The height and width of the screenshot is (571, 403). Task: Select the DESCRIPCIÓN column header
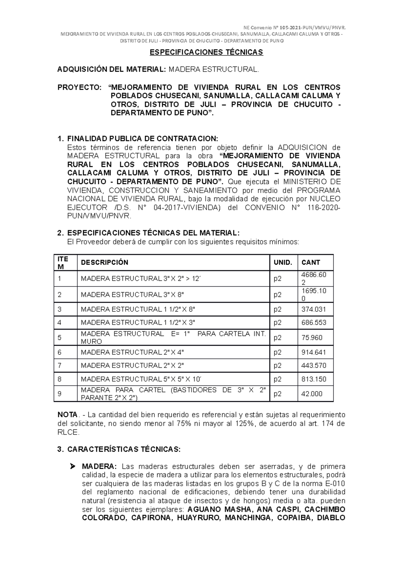(104, 263)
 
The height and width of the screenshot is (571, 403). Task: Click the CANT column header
(311, 263)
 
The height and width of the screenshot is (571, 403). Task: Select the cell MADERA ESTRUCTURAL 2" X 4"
(132, 352)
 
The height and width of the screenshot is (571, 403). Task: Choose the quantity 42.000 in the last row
(312, 394)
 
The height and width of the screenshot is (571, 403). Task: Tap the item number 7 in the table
(59, 366)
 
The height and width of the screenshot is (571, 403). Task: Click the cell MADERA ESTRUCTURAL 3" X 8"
(132, 295)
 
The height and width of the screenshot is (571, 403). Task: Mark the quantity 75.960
(312, 338)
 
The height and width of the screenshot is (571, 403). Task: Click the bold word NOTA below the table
(67, 415)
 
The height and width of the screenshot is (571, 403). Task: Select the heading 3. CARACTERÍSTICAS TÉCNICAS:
(119, 450)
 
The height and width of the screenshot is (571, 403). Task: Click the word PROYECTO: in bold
(79, 87)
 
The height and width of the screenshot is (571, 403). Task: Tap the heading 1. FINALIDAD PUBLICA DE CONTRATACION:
(138, 139)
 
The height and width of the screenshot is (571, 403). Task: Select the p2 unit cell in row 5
(277, 338)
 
